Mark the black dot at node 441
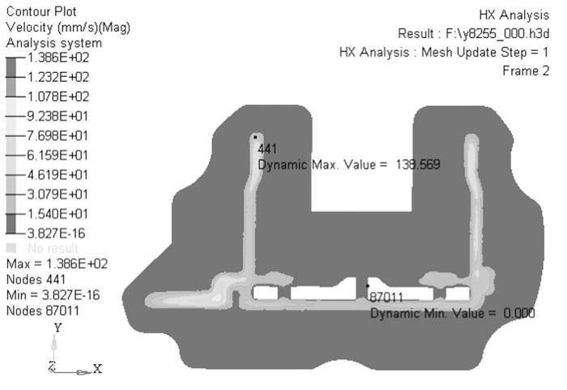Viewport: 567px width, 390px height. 254,137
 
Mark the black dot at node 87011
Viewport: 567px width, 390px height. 368,286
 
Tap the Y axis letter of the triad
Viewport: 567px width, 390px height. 57,328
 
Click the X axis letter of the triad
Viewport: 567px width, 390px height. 97,368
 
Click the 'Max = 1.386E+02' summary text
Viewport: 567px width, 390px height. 57,264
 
